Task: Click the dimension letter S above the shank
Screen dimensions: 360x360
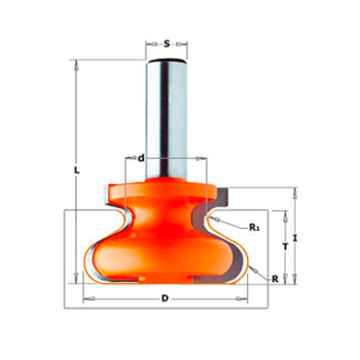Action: pos(166,44)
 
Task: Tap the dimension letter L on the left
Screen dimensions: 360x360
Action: pos(76,170)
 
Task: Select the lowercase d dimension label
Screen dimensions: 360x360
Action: pos(142,158)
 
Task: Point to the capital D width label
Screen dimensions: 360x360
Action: pos(165,299)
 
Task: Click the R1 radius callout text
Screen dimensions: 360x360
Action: pos(254,227)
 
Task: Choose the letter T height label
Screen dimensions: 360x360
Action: pos(285,246)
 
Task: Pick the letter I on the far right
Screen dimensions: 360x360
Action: pos(295,238)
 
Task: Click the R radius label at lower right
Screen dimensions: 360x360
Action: pos(275,279)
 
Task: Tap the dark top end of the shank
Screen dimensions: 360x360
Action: pos(167,59)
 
